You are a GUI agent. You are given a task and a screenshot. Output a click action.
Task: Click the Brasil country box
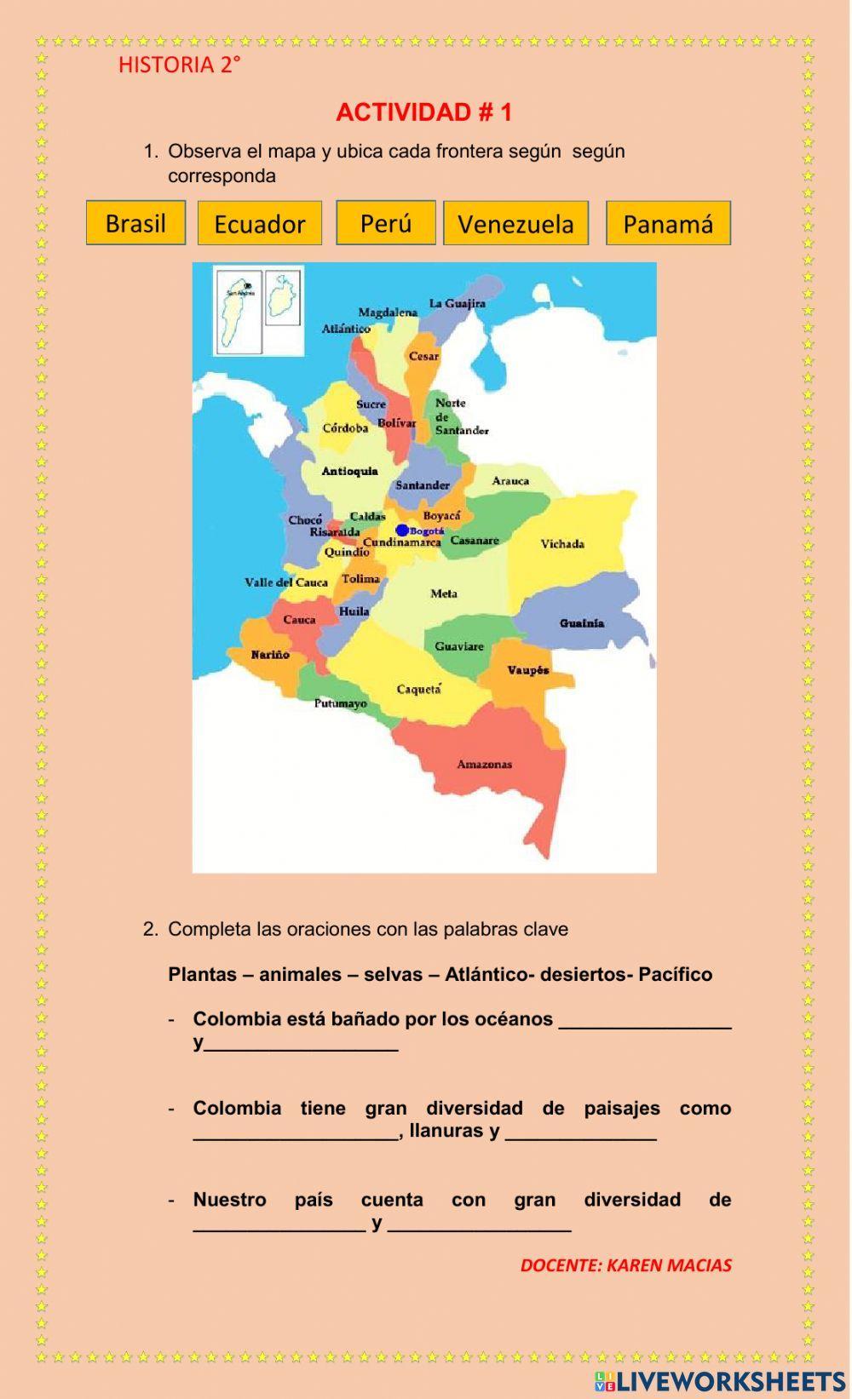click(135, 223)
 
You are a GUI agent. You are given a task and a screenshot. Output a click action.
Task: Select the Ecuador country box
click(260, 224)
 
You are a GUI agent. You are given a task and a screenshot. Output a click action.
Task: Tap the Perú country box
click(386, 223)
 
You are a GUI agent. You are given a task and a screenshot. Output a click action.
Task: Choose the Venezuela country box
click(515, 224)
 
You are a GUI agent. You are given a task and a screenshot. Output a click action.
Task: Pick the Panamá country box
click(668, 224)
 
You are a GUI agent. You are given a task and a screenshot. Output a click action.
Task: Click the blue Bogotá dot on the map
click(402, 530)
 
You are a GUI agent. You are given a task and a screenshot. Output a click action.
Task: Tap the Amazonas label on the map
click(484, 765)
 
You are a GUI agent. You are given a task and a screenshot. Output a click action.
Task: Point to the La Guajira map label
click(458, 303)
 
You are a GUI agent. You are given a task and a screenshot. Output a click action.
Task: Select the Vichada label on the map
click(562, 544)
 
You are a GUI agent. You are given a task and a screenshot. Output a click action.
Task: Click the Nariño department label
click(270, 655)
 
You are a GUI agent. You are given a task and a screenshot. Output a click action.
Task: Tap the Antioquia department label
click(349, 471)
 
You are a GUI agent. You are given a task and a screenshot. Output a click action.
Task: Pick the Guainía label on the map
click(582, 623)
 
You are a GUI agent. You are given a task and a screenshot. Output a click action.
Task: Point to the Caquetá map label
click(419, 689)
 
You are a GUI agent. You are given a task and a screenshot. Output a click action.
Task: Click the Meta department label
click(444, 593)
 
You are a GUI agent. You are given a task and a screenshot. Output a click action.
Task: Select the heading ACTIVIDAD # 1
click(424, 112)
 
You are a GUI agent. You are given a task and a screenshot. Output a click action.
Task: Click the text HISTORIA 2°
click(179, 65)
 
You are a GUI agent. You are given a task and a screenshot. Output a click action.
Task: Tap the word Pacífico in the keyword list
click(675, 974)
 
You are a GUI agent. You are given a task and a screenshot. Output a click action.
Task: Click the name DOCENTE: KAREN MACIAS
click(625, 1265)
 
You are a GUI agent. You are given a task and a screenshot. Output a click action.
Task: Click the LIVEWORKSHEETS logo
click(720, 1380)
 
